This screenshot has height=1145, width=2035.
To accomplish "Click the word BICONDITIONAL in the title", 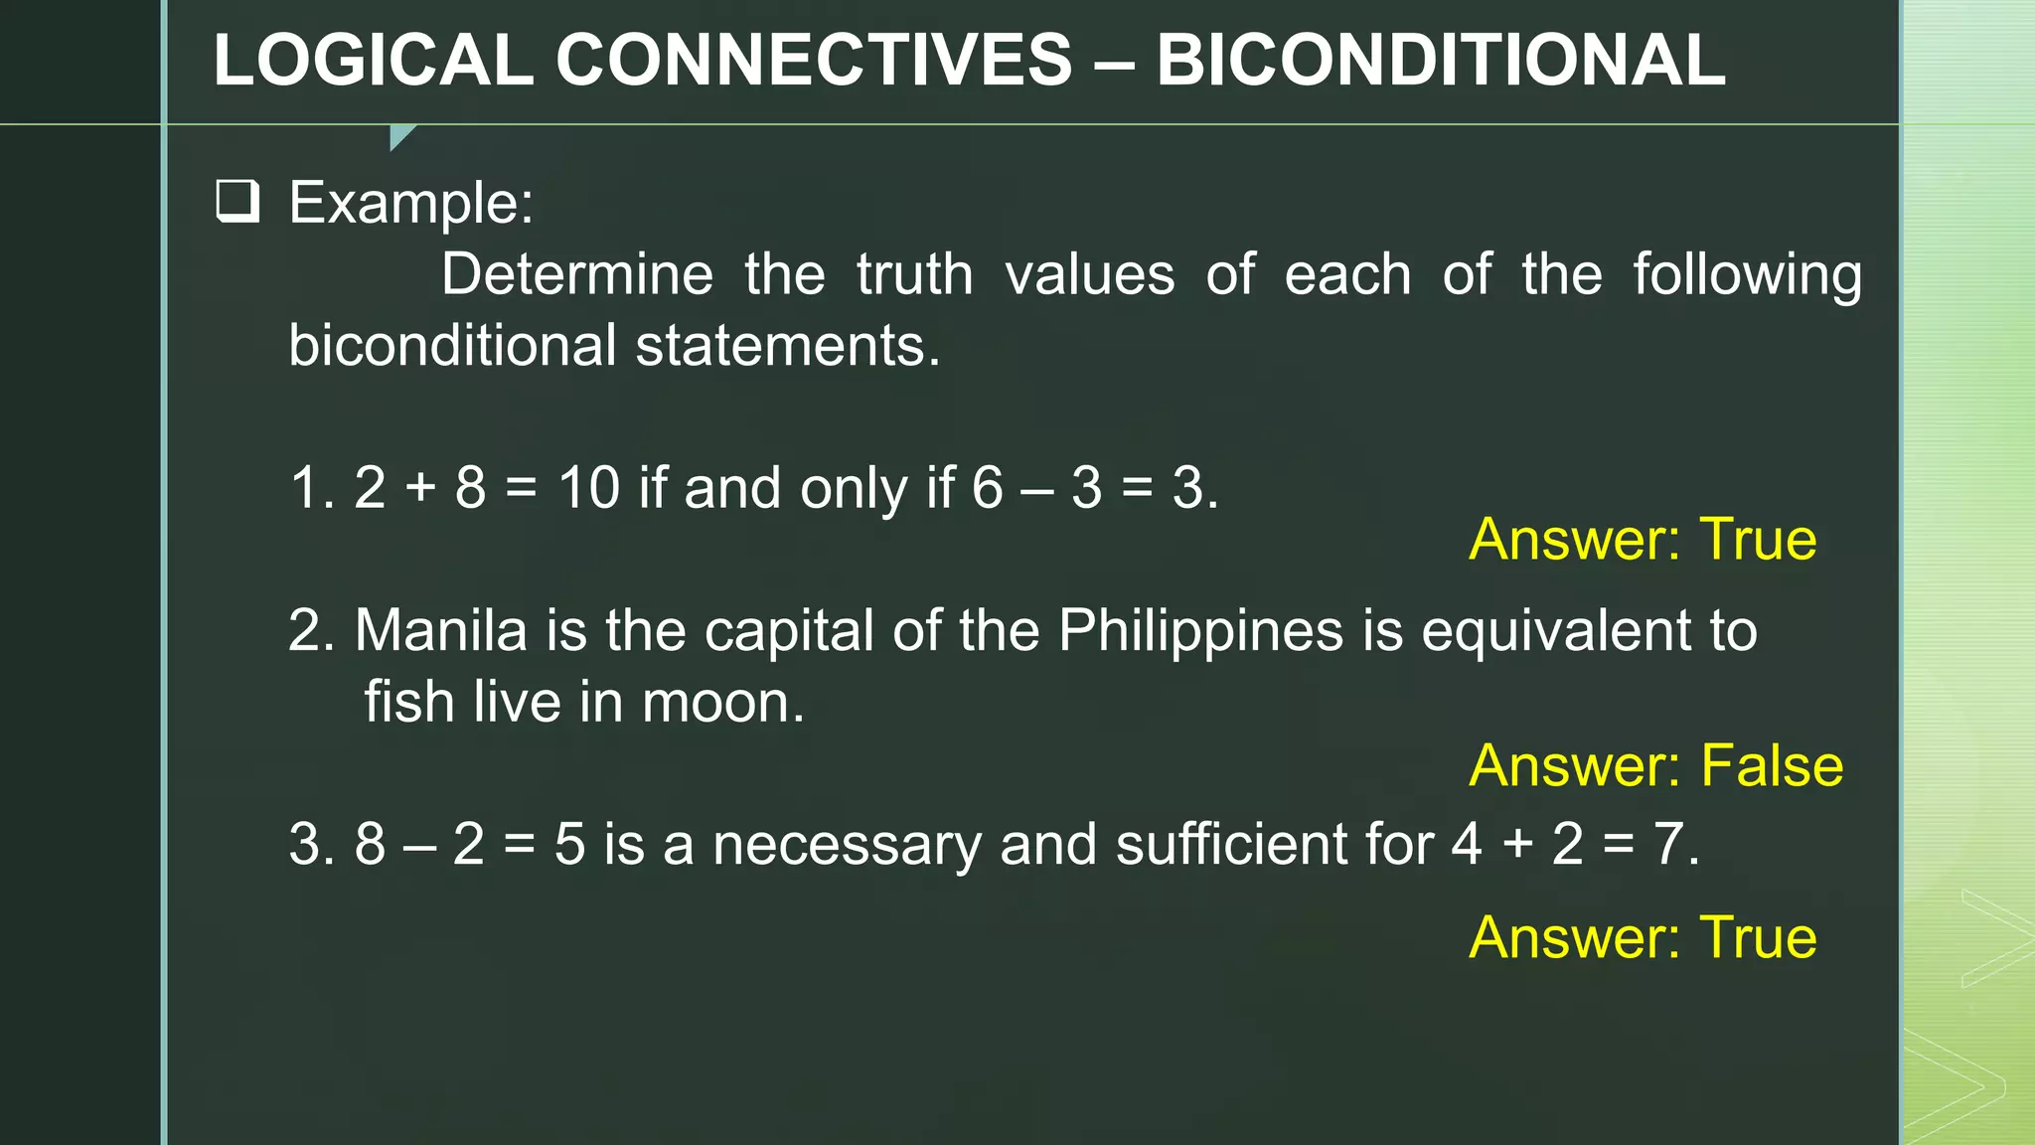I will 1441,60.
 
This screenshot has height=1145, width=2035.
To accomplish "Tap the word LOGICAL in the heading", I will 374,60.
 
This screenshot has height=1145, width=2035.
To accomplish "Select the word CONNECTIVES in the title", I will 814,60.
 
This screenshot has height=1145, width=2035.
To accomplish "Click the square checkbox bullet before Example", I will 238,202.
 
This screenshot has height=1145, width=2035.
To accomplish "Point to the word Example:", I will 411,203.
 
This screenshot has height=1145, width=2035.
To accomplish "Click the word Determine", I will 577,274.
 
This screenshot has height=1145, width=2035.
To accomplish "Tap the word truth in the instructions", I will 914,274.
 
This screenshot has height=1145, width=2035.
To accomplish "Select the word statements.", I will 787,346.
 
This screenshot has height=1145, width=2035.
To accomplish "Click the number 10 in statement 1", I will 588,488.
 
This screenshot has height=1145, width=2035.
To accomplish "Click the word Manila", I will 440,630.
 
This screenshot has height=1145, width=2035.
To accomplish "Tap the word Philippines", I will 1200,630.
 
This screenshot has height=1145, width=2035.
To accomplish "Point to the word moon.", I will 722,702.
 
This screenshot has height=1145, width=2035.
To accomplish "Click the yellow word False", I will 1772,765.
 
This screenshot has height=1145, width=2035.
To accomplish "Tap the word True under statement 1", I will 1758,540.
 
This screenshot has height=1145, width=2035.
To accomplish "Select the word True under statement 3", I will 1758,937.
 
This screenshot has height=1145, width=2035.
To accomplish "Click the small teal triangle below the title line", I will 399,135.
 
